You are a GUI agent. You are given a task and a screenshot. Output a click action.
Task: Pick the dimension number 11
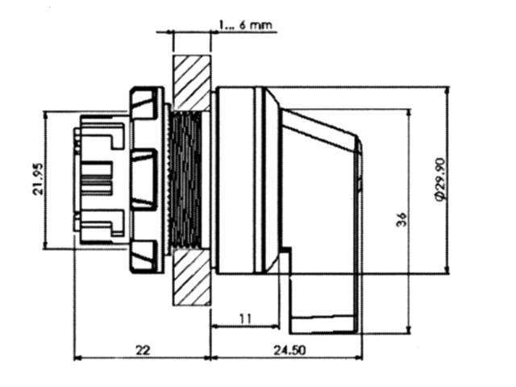coord(245,318)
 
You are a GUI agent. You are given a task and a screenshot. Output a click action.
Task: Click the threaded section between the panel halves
coord(186,181)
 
